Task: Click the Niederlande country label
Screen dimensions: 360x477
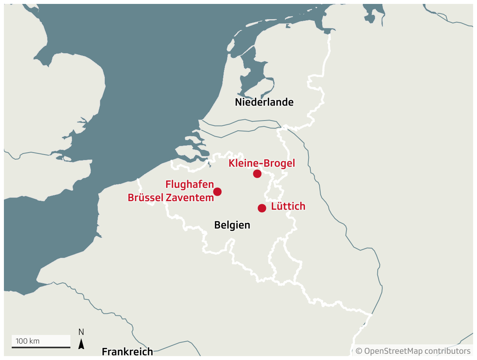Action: point(264,103)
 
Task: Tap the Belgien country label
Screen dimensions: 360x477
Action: point(232,225)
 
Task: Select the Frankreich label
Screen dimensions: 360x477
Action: point(127,351)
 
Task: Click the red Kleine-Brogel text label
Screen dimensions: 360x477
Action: point(262,163)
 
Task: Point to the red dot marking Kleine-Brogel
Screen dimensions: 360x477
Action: point(257,174)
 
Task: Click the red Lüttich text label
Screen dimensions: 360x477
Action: point(288,206)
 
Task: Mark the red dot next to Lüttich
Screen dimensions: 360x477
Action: point(262,208)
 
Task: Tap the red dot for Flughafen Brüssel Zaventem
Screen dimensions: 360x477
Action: point(217,192)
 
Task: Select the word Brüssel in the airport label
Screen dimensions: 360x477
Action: point(145,198)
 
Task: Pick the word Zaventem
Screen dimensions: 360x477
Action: point(190,198)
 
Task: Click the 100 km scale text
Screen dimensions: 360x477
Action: point(27,341)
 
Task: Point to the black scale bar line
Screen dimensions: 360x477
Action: point(41,347)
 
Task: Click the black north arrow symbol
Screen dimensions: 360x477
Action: point(81,344)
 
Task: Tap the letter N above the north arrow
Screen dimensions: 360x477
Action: point(81,332)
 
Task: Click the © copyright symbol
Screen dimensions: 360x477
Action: point(359,351)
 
